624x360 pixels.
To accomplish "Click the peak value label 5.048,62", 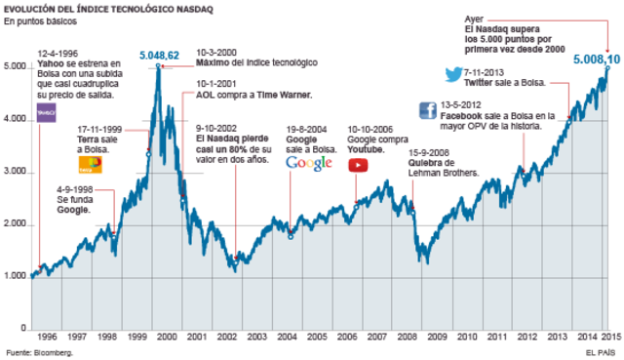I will [159, 57].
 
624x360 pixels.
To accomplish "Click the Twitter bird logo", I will [452, 74].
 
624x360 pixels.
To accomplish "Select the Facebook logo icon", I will [426, 109].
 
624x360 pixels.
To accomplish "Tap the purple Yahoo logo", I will [46, 113].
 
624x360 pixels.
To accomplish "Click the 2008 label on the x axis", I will [407, 336].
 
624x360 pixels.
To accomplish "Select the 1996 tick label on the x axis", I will [47, 336].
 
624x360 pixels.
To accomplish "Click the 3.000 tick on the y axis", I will [16, 172].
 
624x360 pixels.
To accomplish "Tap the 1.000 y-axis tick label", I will [16, 277].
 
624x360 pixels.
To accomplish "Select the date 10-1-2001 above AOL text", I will [207, 86].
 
